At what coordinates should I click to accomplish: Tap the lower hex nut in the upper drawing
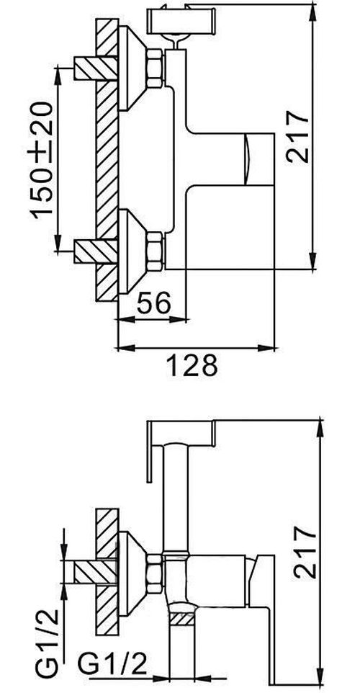point(156,249)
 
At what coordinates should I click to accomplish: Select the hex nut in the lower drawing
point(156,571)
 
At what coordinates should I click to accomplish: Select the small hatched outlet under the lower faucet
point(184,617)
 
